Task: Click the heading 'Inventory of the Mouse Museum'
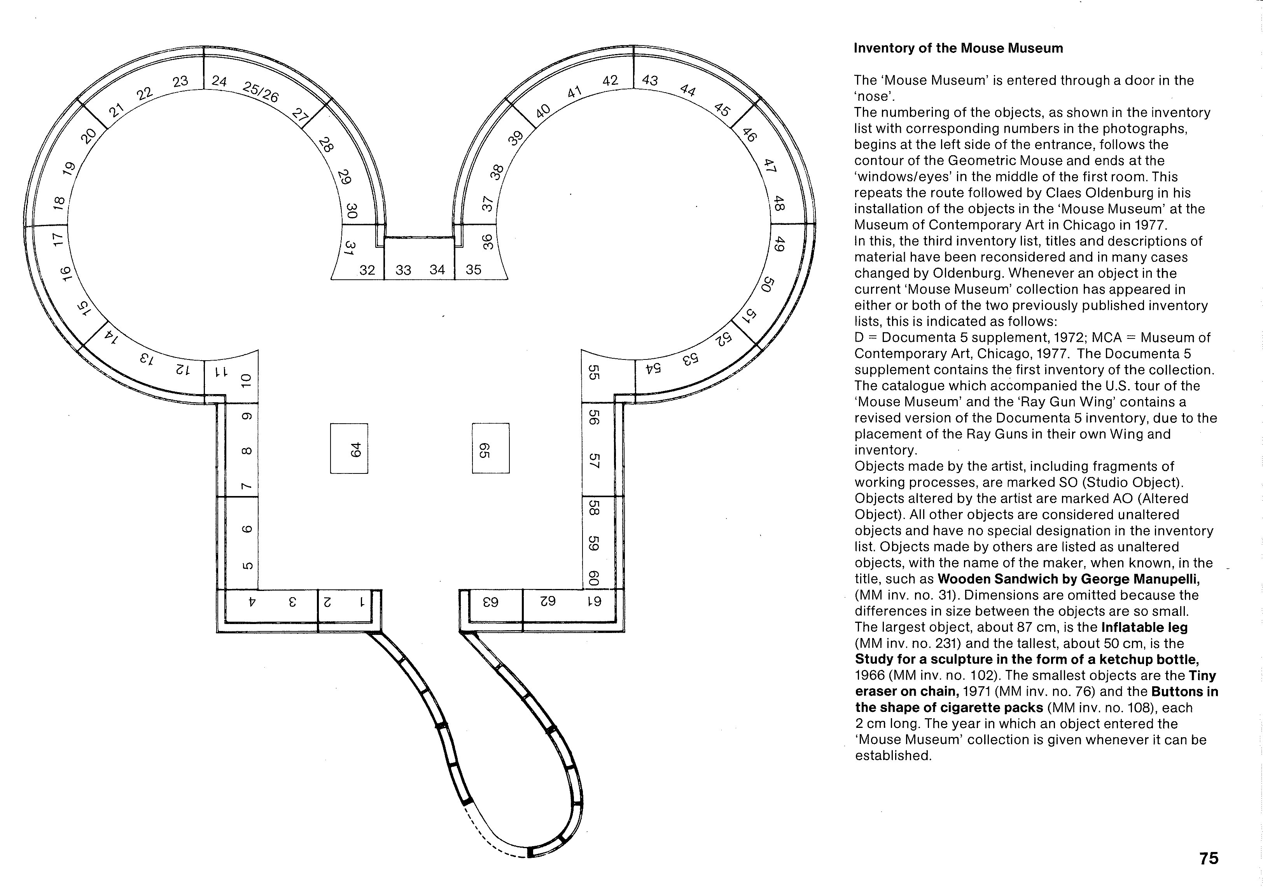tap(958, 48)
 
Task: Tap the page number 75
tap(1209, 858)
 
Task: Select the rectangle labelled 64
tap(349, 449)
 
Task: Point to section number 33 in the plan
tap(403, 270)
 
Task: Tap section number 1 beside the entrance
tap(362, 602)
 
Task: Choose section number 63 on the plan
tap(490, 602)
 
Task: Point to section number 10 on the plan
tap(247, 380)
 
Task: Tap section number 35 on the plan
tap(473, 270)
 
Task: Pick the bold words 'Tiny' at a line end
tap(1202, 676)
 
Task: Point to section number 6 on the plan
tap(247, 529)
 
